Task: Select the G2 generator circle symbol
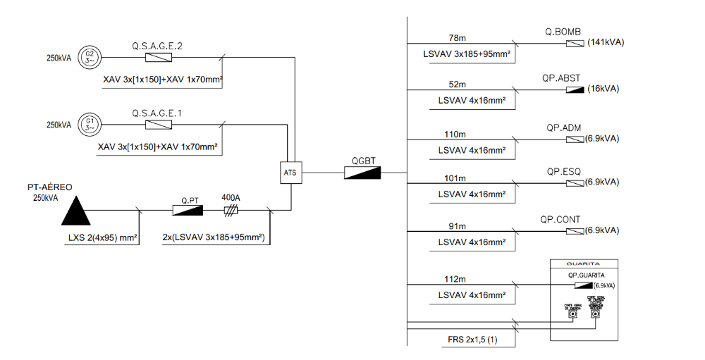pyautogui.click(x=90, y=58)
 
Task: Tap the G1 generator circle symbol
pyautogui.click(x=90, y=125)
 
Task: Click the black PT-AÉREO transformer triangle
pyautogui.click(x=75, y=209)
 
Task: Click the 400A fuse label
pyautogui.click(x=231, y=198)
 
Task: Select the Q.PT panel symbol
pyautogui.click(x=188, y=210)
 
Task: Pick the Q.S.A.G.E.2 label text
pyautogui.click(x=157, y=46)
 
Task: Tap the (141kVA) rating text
pyautogui.click(x=605, y=43)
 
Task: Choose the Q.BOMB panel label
pyautogui.click(x=563, y=32)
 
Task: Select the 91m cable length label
pyautogui.click(x=458, y=226)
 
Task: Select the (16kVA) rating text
pyautogui.click(x=603, y=89)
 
